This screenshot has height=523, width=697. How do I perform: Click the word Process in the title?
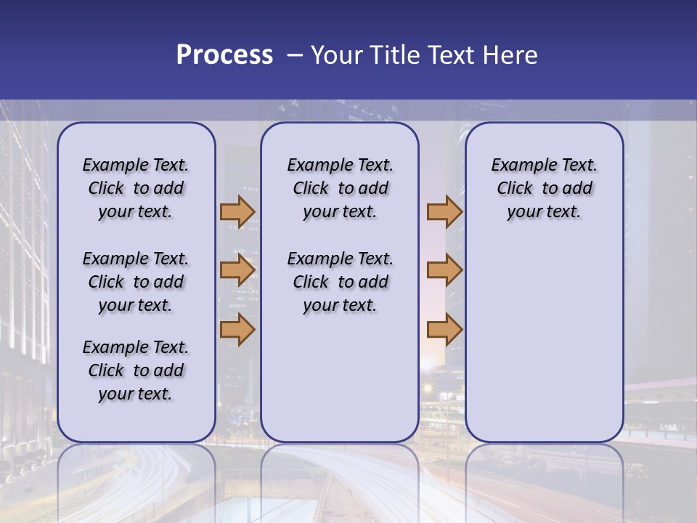pos(224,55)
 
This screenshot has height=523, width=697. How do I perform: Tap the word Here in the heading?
pos(510,55)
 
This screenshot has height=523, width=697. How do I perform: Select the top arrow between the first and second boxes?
pos(237,211)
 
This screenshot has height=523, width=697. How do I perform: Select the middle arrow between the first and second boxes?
pos(237,271)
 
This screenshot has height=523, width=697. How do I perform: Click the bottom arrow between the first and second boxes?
pos(237,329)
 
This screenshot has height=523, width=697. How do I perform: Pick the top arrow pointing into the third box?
pos(444,211)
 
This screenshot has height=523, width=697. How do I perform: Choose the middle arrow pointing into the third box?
pos(444,271)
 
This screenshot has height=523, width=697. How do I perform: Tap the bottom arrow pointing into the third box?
pos(444,329)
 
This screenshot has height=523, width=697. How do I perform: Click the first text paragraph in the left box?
pos(136,188)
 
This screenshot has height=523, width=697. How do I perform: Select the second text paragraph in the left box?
pos(136,282)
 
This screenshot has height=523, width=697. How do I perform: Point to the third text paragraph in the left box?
pos(136,370)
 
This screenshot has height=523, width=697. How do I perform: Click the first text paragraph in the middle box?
pos(340,188)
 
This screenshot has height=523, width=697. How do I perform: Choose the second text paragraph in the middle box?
pos(340,282)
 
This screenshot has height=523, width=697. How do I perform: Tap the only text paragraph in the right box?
pos(544,188)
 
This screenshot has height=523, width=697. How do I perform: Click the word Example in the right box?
pos(519,166)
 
